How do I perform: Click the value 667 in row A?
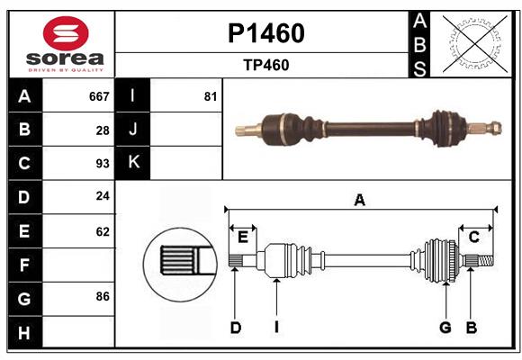pyautogui.click(x=99, y=96)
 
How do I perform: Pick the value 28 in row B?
pyautogui.click(x=103, y=130)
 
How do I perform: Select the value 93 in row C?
pyautogui.click(x=103, y=164)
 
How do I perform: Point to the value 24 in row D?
pyautogui.click(x=103, y=197)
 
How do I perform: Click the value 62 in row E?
pyautogui.click(x=103, y=231)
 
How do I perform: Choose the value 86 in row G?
pyautogui.click(x=103, y=296)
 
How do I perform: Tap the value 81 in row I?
pyautogui.click(x=210, y=96)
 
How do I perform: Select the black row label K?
pyautogui.click(x=133, y=163)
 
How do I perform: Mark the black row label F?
pyautogui.click(x=24, y=265)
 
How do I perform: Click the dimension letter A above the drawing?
pyautogui.click(x=360, y=201)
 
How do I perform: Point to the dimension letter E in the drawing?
pyautogui.click(x=243, y=237)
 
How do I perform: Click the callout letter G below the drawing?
pyautogui.click(x=445, y=328)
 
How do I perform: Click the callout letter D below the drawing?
pyautogui.click(x=235, y=328)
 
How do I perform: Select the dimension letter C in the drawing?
pyautogui.click(x=473, y=237)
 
